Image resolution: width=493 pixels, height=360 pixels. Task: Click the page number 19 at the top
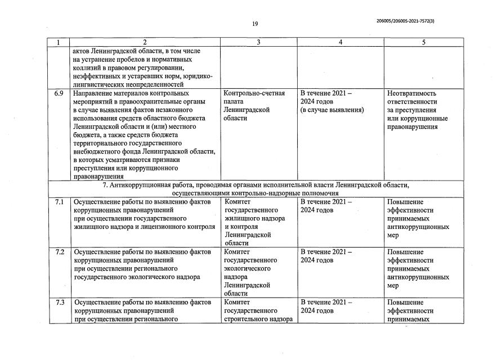click(x=255, y=24)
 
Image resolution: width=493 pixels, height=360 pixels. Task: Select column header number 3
click(x=258, y=42)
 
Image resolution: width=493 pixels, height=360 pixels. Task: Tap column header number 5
click(x=424, y=42)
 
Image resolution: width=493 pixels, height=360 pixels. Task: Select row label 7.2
click(x=59, y=252)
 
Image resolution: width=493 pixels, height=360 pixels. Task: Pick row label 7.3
click(x=59, y=303)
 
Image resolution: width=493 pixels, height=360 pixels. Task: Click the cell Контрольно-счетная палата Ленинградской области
click(x=254, y=106)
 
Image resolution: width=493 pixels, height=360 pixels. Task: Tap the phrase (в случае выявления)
click(x=332, y=110)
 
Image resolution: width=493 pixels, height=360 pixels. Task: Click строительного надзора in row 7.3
click(x=258, y=319)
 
